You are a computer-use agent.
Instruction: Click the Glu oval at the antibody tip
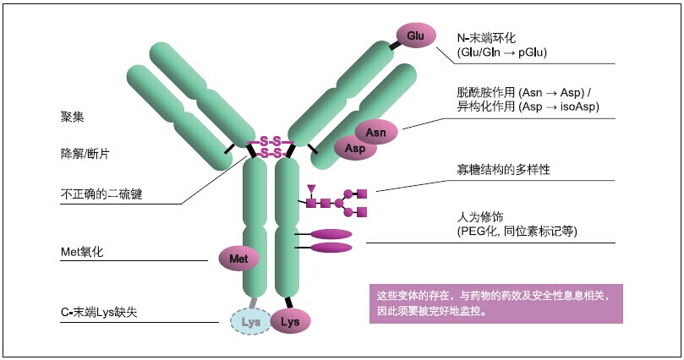(x=415, y=36)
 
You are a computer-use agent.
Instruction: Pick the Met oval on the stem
(x=239, y=258)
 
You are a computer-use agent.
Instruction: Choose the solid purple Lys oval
(x=290, y=321)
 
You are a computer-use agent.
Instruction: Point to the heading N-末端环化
(x=492, y=38)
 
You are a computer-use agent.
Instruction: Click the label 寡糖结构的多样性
(x=503, y=169)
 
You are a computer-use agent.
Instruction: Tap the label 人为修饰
(x=480, y=216)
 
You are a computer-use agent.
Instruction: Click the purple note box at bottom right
(x=495, y=303)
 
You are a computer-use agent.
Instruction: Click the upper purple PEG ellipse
(x=331, y=234)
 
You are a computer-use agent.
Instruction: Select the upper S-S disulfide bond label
(x=271, y=140)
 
